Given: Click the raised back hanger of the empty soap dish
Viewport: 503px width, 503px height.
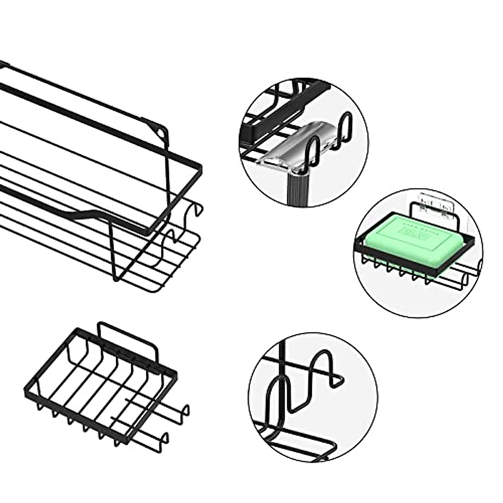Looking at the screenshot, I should coord(126,331).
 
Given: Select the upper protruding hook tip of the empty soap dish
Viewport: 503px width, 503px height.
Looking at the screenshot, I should coord(186,409).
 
